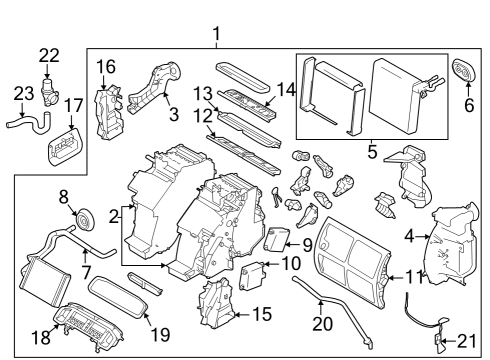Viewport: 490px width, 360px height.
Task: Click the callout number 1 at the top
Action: point(216,38)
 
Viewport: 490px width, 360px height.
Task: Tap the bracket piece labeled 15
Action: point(215,305)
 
